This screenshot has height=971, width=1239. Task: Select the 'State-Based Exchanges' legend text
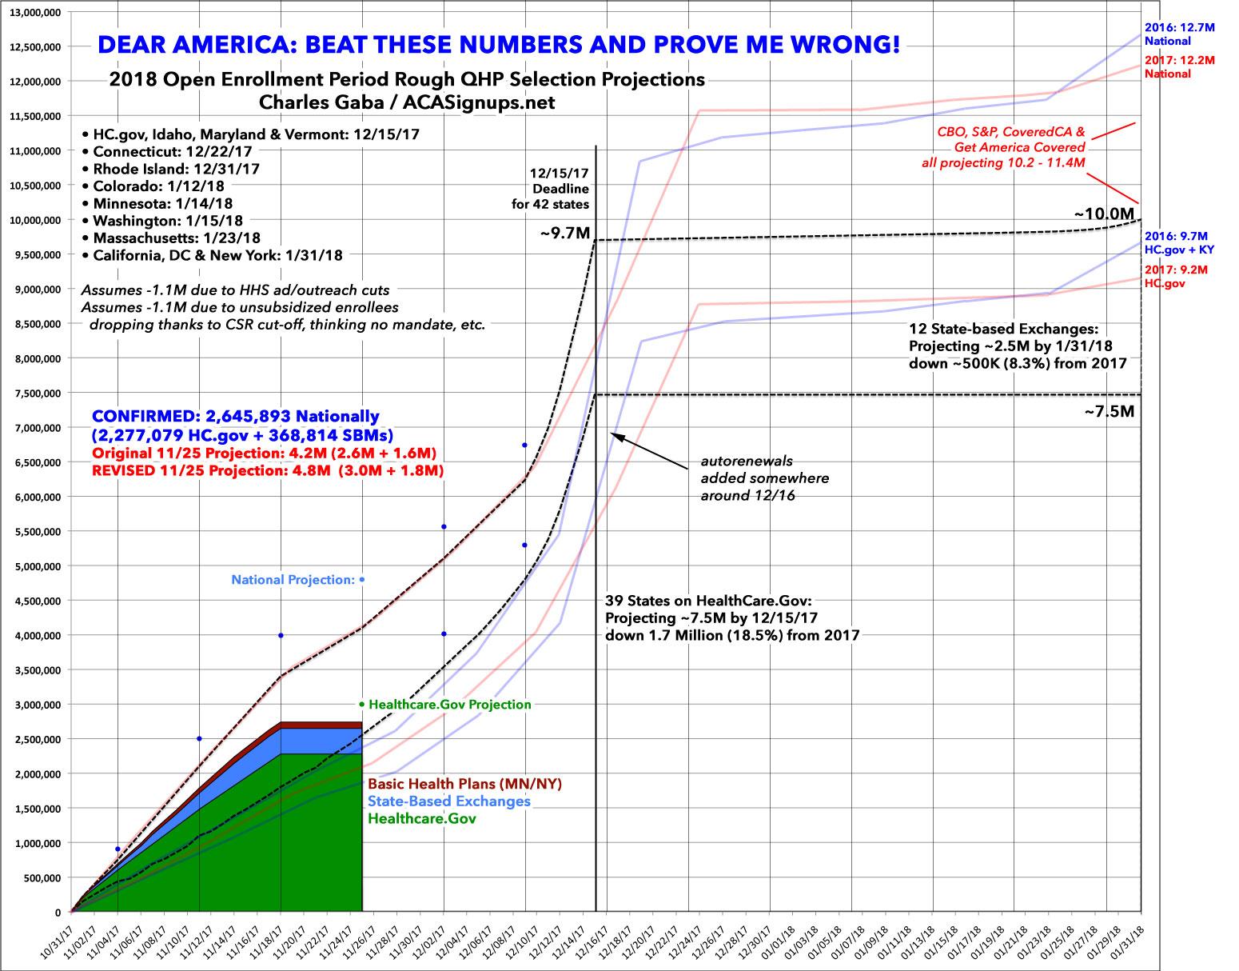(448, 801)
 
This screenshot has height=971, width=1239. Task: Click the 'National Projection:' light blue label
(293, 580)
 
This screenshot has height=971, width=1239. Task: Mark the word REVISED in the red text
(125, 472)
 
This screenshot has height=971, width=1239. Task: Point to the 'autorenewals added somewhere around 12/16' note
(764, 478)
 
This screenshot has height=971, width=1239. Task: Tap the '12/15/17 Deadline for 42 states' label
(562, 188)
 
